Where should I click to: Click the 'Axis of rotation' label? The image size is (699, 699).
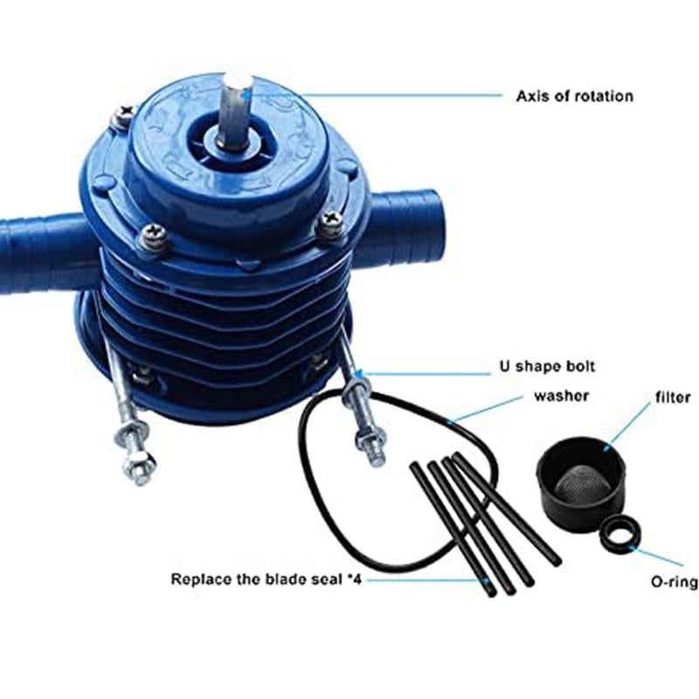pyautogui.click(x=574, y=96)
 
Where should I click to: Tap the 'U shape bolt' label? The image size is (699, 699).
pyautogui.click(x=547, y=366)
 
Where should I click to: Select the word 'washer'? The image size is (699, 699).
pyautogui.click(x=561, y=396)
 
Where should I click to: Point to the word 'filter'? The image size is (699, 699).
pyautogui.click(x=673, y=397)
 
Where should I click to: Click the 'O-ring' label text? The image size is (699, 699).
pyautogui.click(x=675, y=582)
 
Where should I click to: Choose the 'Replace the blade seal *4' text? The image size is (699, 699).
pyautogui.click(x=266, y=579)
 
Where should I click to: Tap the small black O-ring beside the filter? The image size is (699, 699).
pyautogui.click(x=620, y=534)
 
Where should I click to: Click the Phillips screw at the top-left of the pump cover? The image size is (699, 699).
pyautogui.click(x=121, y=116)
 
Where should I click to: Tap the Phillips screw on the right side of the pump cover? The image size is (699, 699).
pyautogui.click(x=330, y=221)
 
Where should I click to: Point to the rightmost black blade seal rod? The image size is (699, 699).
pyautogui.click(x=507, y=509)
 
